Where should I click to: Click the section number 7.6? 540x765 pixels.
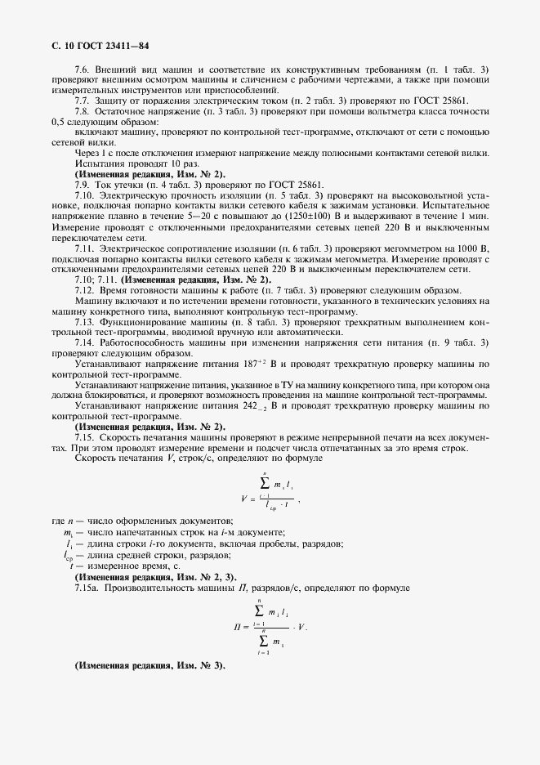(82, 70)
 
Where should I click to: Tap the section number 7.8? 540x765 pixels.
(82, 111)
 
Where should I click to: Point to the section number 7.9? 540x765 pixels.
(82, 185)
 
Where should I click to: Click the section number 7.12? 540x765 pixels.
(85, 292)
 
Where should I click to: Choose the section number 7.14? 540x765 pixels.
(85, 342)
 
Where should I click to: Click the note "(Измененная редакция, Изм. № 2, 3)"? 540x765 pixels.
(150, 578)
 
